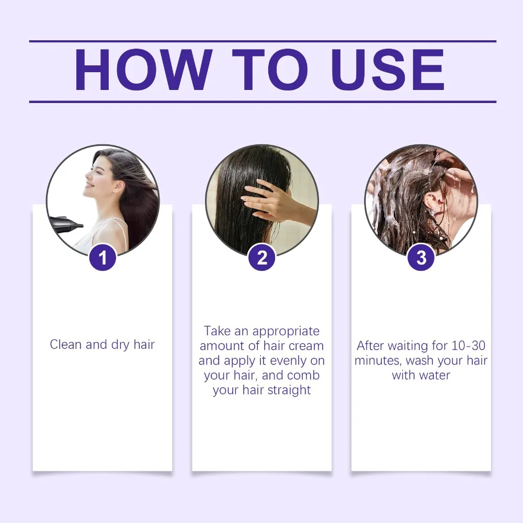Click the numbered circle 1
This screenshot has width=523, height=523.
click(x=103, y=257)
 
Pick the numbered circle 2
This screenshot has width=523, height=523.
click(x=262, y=257)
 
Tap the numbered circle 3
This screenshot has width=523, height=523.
click(x=421, y=257)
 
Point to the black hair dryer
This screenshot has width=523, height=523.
click(x=66, y=222)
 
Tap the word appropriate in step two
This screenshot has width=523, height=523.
click(x=286, y=331)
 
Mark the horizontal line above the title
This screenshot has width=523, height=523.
click(x=262, y=41)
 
